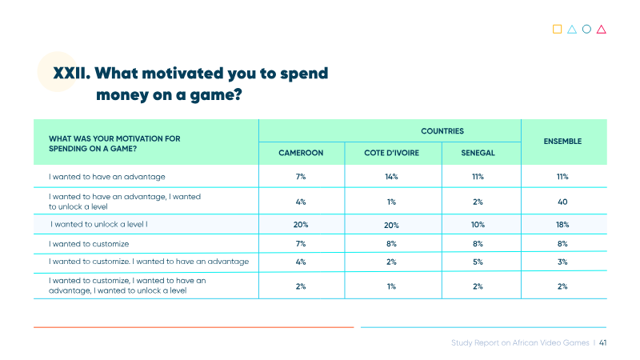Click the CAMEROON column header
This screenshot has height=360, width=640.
[x=301, y=153]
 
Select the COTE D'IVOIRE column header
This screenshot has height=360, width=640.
[x=391, y=153]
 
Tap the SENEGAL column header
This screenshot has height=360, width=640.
[x=478, y=153]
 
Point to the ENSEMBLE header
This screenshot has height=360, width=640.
[x=562, y=142]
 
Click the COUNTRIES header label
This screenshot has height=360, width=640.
[x=442, y=131]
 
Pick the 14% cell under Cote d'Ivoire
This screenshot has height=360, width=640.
[x=391, y=177]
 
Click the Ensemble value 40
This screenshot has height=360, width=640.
[x=562, y=202]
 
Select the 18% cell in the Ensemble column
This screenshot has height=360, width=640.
[x=562, y=225]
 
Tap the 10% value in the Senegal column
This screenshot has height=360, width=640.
[x=478, y=225]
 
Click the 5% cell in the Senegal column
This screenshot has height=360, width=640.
[x=478, y=262]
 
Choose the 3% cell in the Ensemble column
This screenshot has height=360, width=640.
[x=562, y=262]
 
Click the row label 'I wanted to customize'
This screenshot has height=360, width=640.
[x=89, y=244]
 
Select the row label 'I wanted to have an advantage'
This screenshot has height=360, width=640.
[x=107, y=177]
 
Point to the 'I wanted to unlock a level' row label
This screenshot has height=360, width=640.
[x=99, y=225]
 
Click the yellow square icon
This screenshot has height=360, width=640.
[x=557, y=29]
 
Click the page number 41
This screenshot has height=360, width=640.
[x=603, y=343]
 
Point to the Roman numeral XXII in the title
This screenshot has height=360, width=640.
[x=72, y=74]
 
